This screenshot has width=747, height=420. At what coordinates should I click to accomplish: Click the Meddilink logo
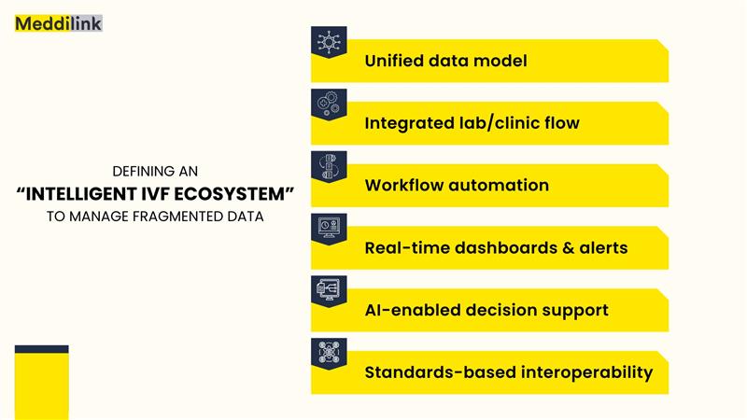(x=59, y=23)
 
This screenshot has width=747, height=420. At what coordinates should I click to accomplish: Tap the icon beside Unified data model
(x=329, y=41)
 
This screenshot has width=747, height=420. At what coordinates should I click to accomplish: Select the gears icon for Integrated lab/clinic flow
(x=329, y=104)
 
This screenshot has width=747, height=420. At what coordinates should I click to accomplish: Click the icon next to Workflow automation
(x=329, y=166)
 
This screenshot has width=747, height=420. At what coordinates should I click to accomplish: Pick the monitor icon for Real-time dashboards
(x=329, y=228)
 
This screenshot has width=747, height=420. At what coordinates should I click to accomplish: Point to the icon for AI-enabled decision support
(x=329, y=290)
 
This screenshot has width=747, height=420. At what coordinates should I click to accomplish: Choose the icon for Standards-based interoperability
(x=329, y=353)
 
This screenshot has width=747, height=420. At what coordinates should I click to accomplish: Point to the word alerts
(x=603, y=247)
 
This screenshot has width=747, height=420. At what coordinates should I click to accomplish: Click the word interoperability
(x=587, y=372)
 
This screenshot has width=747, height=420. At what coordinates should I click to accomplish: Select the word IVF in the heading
(x=155, y=194)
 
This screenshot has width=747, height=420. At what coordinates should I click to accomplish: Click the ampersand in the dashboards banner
(x=569, y=247)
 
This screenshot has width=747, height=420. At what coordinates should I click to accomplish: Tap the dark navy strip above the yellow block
(x=42, y=349)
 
